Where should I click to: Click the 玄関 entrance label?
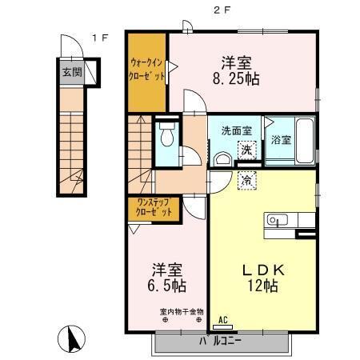point(70,71)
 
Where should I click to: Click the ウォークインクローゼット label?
point(147,70)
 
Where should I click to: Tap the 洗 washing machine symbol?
point(247,150)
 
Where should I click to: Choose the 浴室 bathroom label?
point(280,139)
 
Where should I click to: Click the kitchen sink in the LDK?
point(276,219)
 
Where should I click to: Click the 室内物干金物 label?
point(166,311)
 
